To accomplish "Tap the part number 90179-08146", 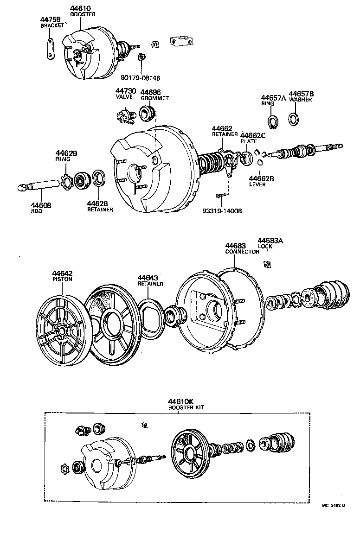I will [141, 78].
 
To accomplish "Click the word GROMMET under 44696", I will [154, 98].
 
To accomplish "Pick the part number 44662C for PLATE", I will [253, 135].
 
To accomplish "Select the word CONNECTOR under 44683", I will [242, 252].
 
